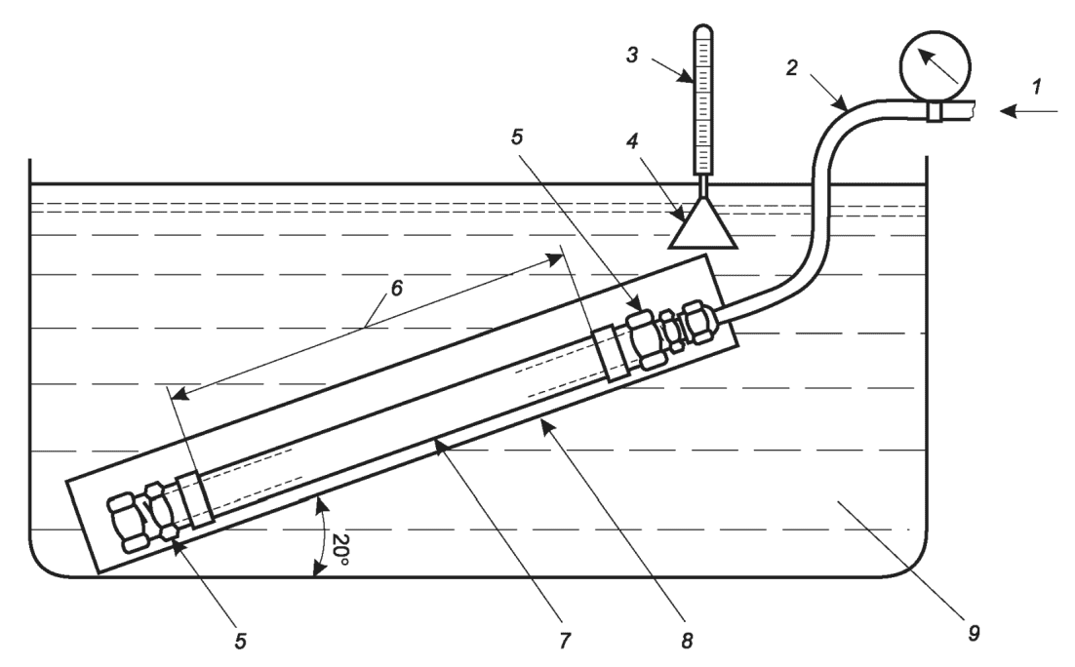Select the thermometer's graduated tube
(703, 99)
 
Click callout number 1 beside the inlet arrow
(1038, 87)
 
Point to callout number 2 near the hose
(792, 67)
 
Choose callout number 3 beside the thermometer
(633, 55)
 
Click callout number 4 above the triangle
(632, 142)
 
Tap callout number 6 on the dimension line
(396, 288)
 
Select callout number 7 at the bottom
(565, 641)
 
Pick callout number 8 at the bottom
(687, 641)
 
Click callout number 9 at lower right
(974, 633)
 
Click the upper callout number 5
(517, 137)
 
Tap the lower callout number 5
(240, 641)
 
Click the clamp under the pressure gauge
(936, 112)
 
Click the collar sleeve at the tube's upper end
(611, 354)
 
